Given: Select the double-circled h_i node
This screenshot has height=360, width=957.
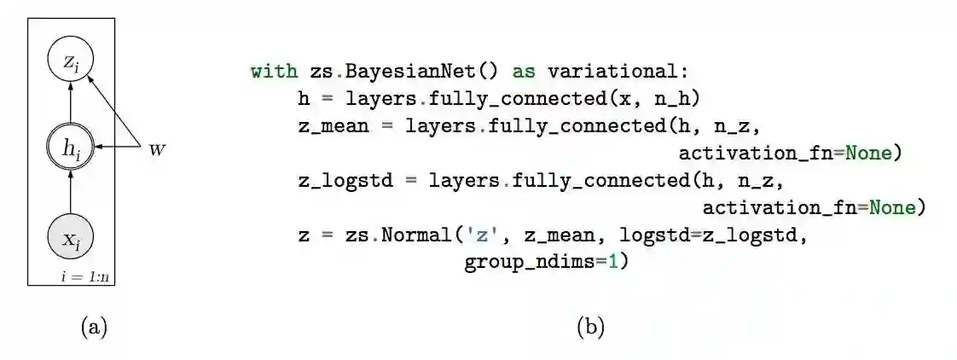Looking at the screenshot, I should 71,148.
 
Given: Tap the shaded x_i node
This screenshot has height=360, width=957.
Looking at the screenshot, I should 71,238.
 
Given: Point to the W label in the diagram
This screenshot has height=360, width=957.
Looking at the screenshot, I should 157,149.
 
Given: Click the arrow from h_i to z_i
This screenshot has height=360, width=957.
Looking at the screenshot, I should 71,104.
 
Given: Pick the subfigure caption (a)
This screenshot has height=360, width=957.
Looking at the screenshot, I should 94,326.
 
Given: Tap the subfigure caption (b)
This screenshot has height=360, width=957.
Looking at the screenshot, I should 590,326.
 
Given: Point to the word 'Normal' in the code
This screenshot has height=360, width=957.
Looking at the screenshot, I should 416,235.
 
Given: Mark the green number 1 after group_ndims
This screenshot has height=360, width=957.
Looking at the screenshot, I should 612,262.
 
